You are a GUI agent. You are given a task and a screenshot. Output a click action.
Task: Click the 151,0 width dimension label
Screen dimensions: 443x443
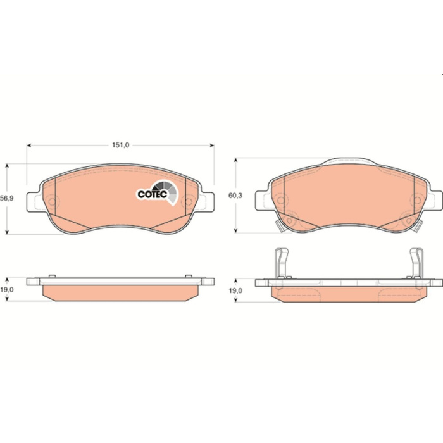click(x=121, y=145)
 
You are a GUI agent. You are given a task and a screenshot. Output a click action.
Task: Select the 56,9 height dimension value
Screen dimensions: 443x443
click(x=7, y=198)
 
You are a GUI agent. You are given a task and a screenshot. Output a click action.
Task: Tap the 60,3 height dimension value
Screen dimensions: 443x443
click(x=235, y=195)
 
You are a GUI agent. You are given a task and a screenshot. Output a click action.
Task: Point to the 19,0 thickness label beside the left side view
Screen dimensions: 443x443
click(x=7, y=290)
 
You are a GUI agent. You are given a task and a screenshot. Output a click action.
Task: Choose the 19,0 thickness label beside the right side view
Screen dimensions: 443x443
click(x=235, y=290)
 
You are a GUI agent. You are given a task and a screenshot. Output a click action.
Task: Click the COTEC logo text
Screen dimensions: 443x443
click(x=153, y=194)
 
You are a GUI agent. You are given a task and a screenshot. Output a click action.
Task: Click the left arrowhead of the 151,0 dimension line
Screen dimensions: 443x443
click(x=29, y=146)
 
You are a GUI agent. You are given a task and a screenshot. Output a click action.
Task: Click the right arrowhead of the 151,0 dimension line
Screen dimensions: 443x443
click(x=212, y=146)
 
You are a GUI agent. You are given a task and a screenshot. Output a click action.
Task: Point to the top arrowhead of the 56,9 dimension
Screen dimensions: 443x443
click(x=8, y=166)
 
